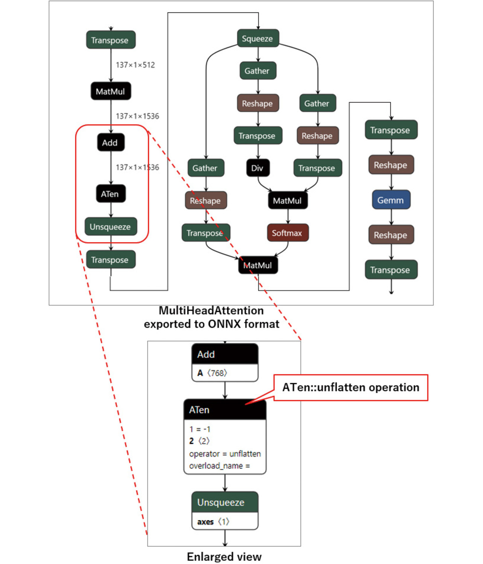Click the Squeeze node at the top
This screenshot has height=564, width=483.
coord(258,38)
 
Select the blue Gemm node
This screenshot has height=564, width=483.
coord(391,200)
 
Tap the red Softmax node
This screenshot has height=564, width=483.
coord(287,233)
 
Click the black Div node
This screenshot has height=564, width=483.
coord(258,168)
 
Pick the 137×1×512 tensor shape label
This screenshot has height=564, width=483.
coord(135,65)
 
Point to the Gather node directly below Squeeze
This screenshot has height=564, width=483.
coord(258,71)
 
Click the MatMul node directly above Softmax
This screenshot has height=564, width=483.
coord(287,200)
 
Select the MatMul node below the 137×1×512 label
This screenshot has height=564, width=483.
coord(111,91)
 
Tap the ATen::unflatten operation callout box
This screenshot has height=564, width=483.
coord(350,387)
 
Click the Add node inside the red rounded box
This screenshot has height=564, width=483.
coord(111,143)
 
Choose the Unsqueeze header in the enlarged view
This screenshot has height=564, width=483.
coord(225,502)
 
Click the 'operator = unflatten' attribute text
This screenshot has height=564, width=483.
coord(225,454)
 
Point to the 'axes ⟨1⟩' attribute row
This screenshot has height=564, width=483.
coord(213,522)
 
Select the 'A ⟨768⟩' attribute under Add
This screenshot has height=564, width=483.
coord(212,373)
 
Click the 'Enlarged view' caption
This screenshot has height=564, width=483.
coord(224,556)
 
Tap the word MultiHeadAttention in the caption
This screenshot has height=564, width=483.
coord(211,311)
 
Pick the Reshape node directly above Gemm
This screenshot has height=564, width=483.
coord(391,165)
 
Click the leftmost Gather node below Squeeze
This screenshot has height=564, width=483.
coord(205,168)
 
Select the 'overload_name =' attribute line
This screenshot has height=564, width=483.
coord(219,466)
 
